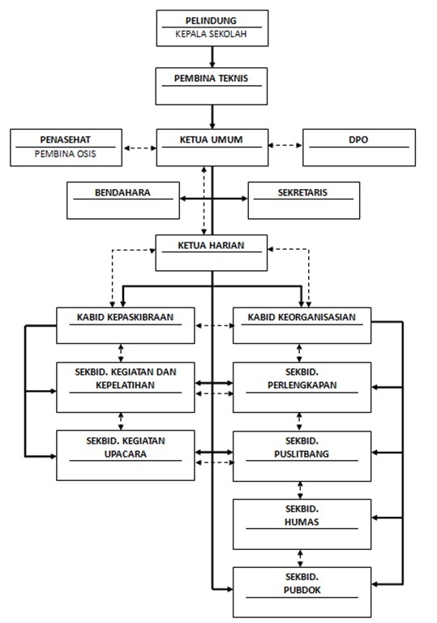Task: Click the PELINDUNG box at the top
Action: [x=212, y=28]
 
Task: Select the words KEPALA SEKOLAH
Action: [x=211, y=34]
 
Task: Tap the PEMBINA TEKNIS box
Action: [x=212, y=86]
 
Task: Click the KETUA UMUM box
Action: [x=212, y=148]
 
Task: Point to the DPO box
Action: [x=359, y=148]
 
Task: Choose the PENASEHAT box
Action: [x=66, y=148]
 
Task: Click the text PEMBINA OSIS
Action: [x=65, y=154]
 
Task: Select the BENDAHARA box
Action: [x=123, y=200]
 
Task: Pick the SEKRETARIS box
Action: [x=304, y=200]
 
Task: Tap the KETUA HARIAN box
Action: [x=212, y=253]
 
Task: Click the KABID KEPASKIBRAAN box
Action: [x=126, y=325]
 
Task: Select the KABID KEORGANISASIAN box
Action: [x=302, y=325]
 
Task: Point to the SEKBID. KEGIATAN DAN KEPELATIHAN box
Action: [x=126, y=387]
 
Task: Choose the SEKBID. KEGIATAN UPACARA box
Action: [x=126, y=455]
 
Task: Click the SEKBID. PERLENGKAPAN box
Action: [x=302, y=387]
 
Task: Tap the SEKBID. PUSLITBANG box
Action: [x=302, y=456]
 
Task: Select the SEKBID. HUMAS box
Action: [x=302, y=525]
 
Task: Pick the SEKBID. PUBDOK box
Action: [x=302, y=592]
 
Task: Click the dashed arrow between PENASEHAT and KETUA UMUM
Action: [x=139, y=148]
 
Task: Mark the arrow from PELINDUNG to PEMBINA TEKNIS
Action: [x=212, y=57]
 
